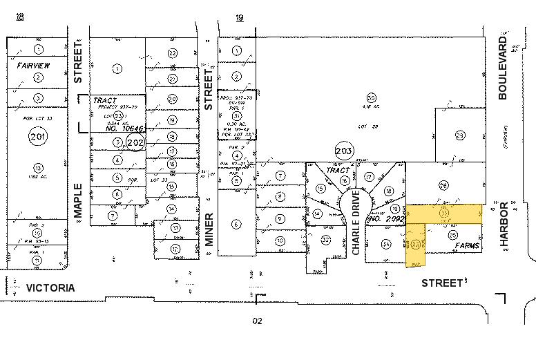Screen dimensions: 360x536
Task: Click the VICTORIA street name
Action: coord(50,287)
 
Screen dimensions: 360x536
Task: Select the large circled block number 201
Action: coord(37,138)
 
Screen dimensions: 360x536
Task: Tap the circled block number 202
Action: coord(135,143)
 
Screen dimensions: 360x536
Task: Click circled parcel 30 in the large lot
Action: coord(371,97)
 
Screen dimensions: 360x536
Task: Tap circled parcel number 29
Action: coord(460,134)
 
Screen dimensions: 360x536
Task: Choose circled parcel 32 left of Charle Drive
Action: coord(325,240)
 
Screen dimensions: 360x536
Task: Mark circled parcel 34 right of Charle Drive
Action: coord(386,244)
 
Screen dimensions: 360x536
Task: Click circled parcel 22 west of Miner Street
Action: coord(173,53)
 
